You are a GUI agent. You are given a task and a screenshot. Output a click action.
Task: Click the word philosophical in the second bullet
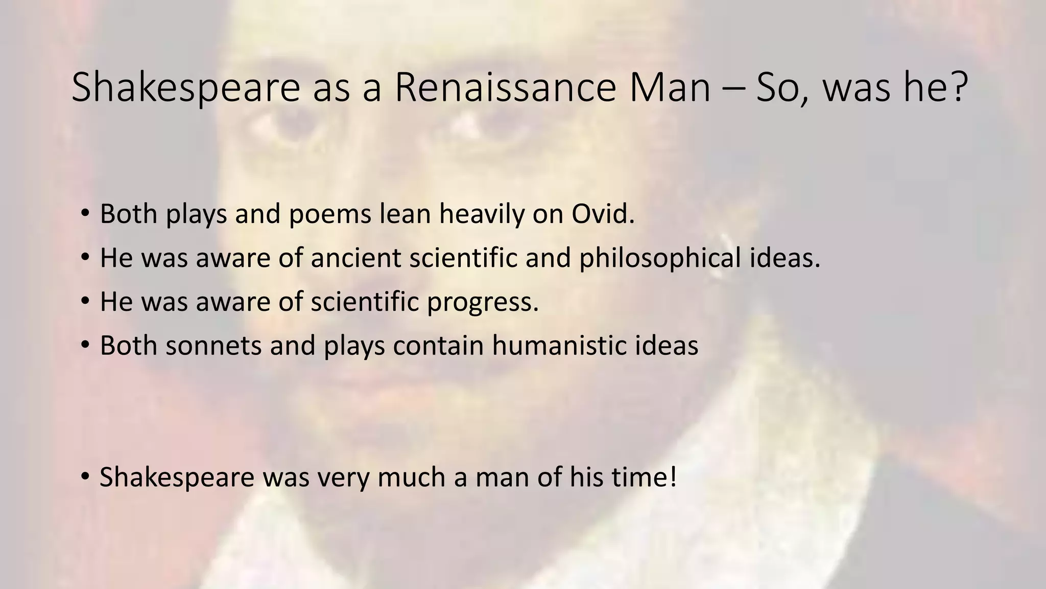[x=659, y=258]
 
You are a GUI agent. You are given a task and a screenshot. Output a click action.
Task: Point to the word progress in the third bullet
[x=483, y=302]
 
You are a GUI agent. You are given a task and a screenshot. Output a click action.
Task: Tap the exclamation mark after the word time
[x=673, y=477]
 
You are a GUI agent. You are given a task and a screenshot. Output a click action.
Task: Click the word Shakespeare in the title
[x=186, y=88]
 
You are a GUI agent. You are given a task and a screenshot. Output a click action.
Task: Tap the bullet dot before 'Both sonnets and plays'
[x=84, y=346]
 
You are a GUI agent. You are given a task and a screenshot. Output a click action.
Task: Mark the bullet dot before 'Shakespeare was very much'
[x=84, y=477]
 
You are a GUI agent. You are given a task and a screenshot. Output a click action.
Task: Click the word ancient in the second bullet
[x=355, y=258]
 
